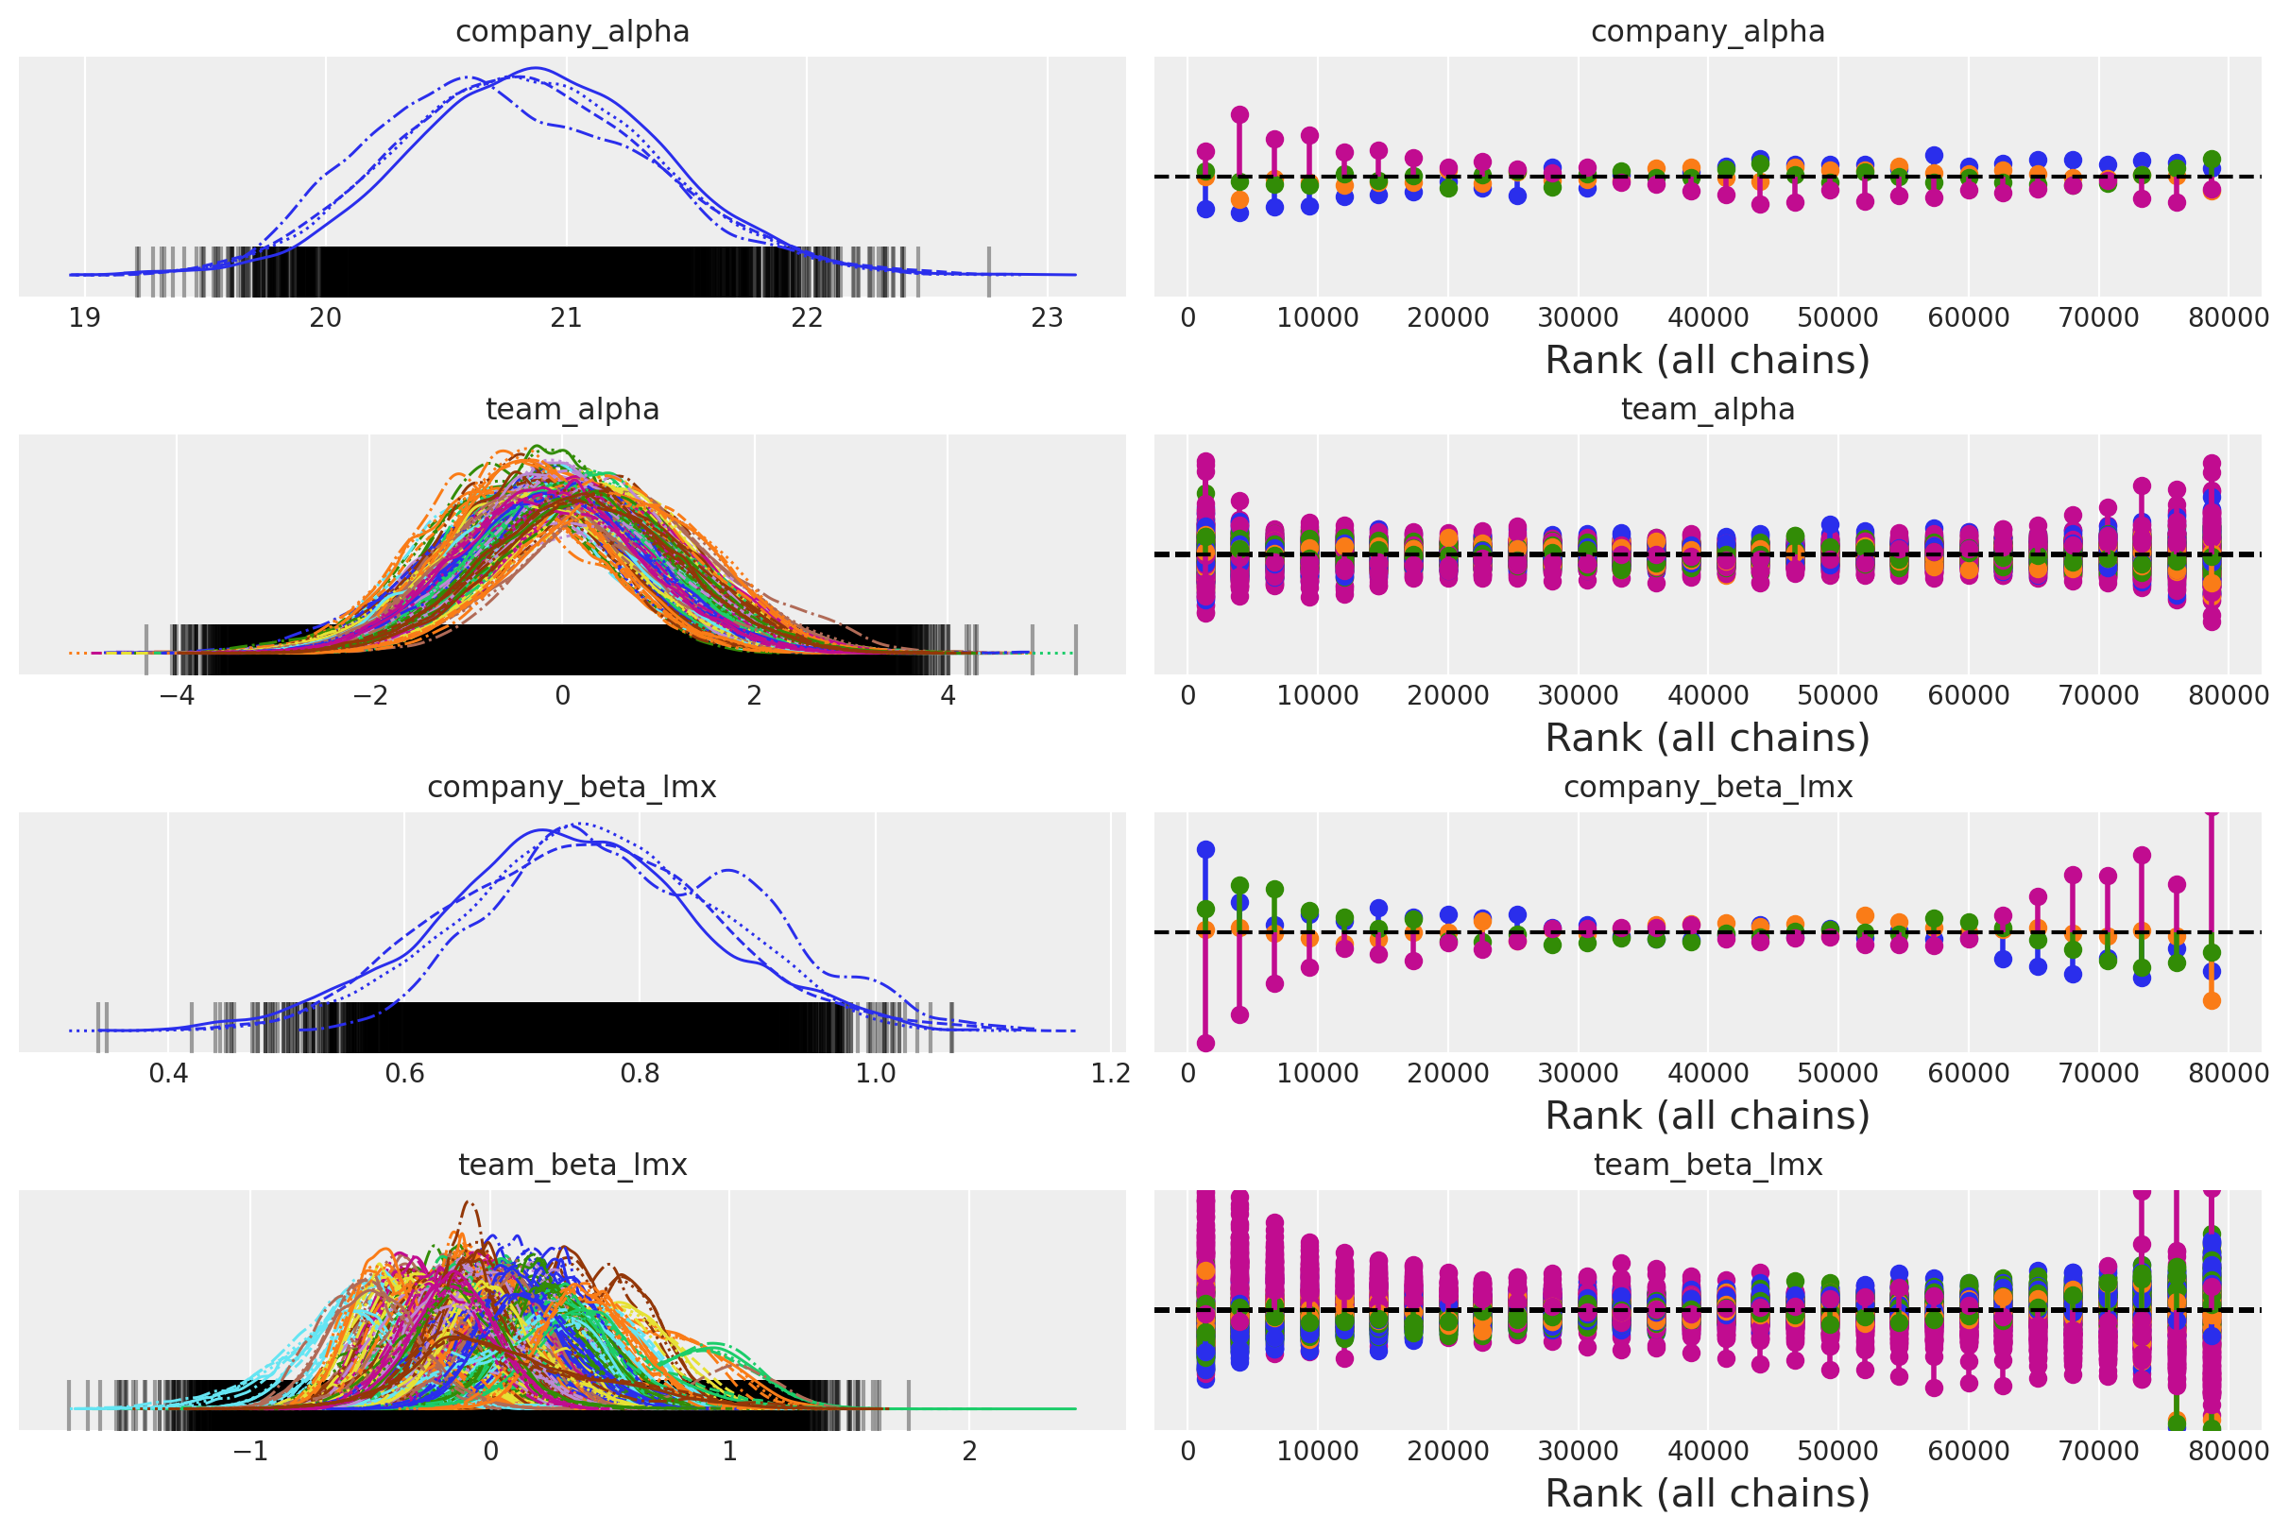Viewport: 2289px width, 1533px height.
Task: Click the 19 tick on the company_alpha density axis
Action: [84, 318]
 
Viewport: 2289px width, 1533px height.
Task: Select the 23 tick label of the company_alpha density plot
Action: [1048, 318]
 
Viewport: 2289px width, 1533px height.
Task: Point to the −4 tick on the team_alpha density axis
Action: [176, 696]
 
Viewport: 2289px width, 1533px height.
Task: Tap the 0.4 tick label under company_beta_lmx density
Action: [168, 1074]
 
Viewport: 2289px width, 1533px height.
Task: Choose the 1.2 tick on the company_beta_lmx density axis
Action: [1111, 1074]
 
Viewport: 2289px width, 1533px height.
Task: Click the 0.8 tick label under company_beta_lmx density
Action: [640, 1074]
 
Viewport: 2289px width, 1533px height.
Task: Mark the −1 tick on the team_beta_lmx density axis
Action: [250, 1452]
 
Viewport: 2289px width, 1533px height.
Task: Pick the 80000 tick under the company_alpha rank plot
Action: [2229, 318]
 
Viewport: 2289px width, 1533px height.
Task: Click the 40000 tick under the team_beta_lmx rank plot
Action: [1708, 1452]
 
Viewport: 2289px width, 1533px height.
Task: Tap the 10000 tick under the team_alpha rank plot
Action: [1317, 696]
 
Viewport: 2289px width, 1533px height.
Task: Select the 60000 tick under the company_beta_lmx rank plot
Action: [1969, 1074]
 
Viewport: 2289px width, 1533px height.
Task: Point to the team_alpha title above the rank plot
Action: [1707, 410]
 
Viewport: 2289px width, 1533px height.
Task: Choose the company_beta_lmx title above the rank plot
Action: [1707, 788]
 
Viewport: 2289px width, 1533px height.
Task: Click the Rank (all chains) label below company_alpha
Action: [1707, 361]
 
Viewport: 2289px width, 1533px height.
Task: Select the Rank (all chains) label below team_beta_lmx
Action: [1707, 1494]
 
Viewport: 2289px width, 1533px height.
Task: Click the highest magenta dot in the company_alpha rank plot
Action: [1239, 115]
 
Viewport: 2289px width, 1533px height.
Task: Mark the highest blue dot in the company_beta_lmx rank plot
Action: [1205, 849]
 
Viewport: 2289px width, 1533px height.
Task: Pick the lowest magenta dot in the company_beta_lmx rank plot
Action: [1205, 1043]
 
